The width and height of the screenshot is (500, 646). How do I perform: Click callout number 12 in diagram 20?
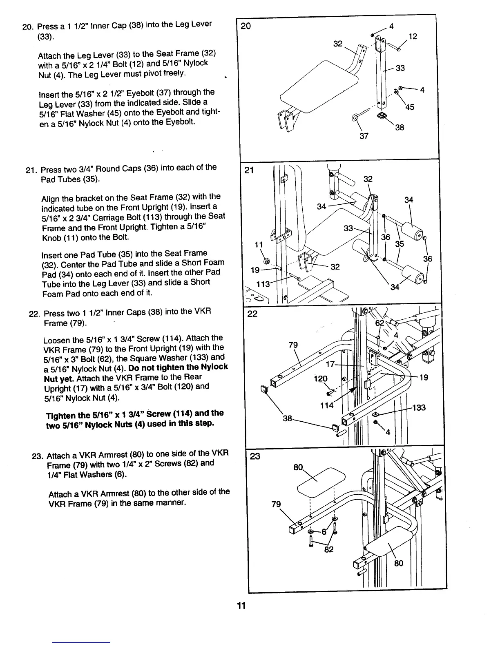click(413, 36)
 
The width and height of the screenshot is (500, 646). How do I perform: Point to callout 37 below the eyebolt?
click(364, 136)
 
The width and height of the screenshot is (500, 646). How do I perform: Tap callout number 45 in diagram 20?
click(410, 107)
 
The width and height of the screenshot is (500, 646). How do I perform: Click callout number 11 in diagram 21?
click(258, 245)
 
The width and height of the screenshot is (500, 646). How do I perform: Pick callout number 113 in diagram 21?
click(262, 284)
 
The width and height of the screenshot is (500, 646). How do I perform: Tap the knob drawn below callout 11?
click(266, 261)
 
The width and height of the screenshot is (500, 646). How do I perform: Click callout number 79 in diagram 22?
click(293, 345)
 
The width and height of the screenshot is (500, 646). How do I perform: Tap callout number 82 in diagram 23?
click(328, 549)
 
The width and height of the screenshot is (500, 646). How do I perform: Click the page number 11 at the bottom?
click(241, 606)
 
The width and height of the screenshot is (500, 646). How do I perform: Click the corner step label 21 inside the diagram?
click(249, 170)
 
